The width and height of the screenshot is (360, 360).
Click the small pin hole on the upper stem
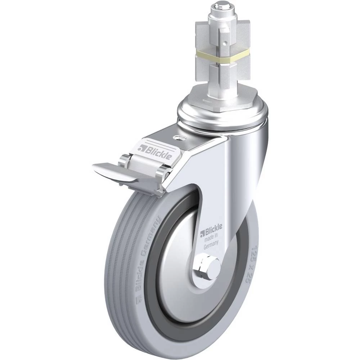point(226,42)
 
